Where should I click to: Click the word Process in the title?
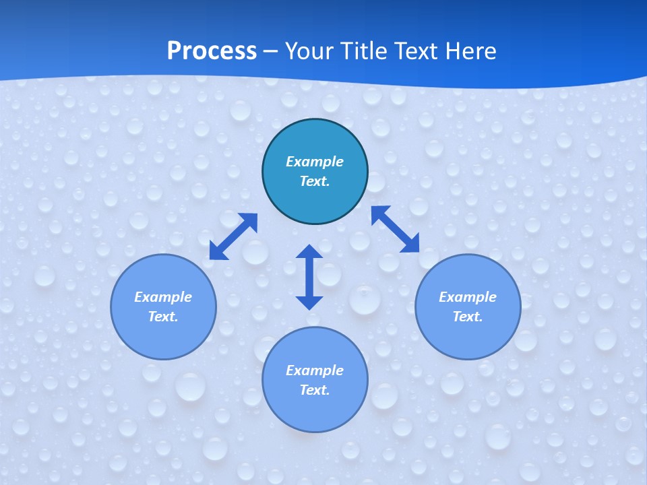click(212, 51)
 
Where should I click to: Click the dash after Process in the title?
click(270, 51)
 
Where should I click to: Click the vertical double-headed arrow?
click(309, 277)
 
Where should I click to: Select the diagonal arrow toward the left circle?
click(233, 236)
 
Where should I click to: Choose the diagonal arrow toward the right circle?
click(396, 230)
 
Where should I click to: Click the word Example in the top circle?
click(315, 162)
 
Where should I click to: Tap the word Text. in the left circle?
click(163, 317)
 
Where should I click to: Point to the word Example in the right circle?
click(468, 297)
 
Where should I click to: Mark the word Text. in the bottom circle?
click(315, 390)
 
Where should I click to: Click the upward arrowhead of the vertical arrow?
click(309, 253)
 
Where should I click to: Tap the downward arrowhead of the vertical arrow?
click(309, 301)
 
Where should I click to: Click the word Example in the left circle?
click(163, 297)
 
